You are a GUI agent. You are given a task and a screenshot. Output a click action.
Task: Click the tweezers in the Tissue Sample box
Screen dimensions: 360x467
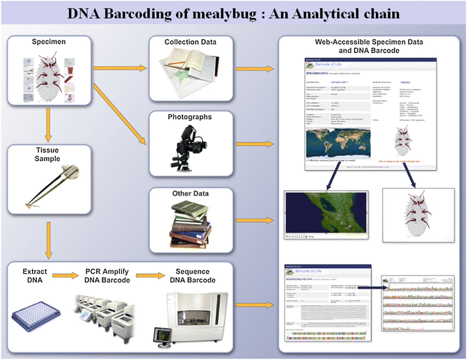click(52, 187)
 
